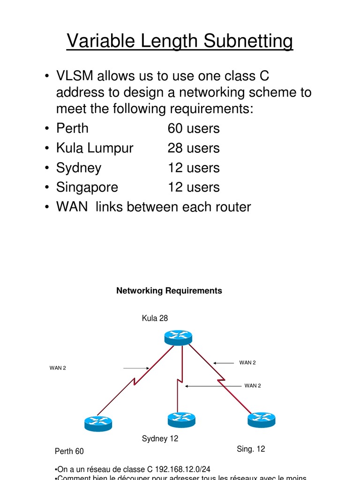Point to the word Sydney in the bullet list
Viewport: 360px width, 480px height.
click(x=79, y=168)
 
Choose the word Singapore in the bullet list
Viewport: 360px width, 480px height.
click(x=87, y=187)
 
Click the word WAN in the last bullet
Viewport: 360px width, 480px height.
click(x=72, y=207)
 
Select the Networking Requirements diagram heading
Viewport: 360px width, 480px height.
click(x=169, y=291)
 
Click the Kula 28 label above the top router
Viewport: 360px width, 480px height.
click(x=155, y=318)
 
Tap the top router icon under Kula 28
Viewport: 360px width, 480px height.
click(x=178, y=337)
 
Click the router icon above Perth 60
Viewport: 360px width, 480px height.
click(x=98, y=423)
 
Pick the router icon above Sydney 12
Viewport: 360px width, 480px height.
click(x=181, y=419)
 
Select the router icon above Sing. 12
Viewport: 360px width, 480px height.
click(x=261, y=419)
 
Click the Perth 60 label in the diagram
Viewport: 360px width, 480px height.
click(x=69, y=451)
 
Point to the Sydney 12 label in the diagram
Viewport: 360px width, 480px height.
click(x=160, y=439)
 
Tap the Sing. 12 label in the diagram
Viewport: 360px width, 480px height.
click(x=251, y=449)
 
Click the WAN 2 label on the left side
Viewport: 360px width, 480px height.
click(x=58, y=368)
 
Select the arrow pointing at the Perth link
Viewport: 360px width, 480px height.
click(x=136, y=368)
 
